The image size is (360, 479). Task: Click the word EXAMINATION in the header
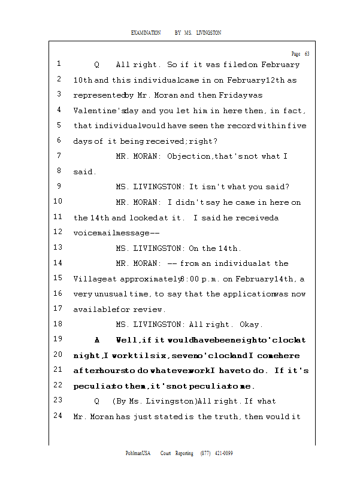pyautogui.click(x=146, y=32)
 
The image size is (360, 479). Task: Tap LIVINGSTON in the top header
pyautogui.click(x=208, y=32)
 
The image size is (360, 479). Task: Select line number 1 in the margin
pyautogui.click(x=59, y=63)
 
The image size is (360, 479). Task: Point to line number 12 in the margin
pyautogui.click(x=58, y=232)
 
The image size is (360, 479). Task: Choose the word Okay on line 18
pyautogui.click(x=251, y=325)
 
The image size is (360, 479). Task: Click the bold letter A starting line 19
pyautogui.click(x=97, y=340)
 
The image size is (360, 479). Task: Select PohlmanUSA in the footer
pyautogui.click(x=138, y=453)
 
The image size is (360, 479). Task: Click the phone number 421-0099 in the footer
pyautogui.click(x=223, y=453)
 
